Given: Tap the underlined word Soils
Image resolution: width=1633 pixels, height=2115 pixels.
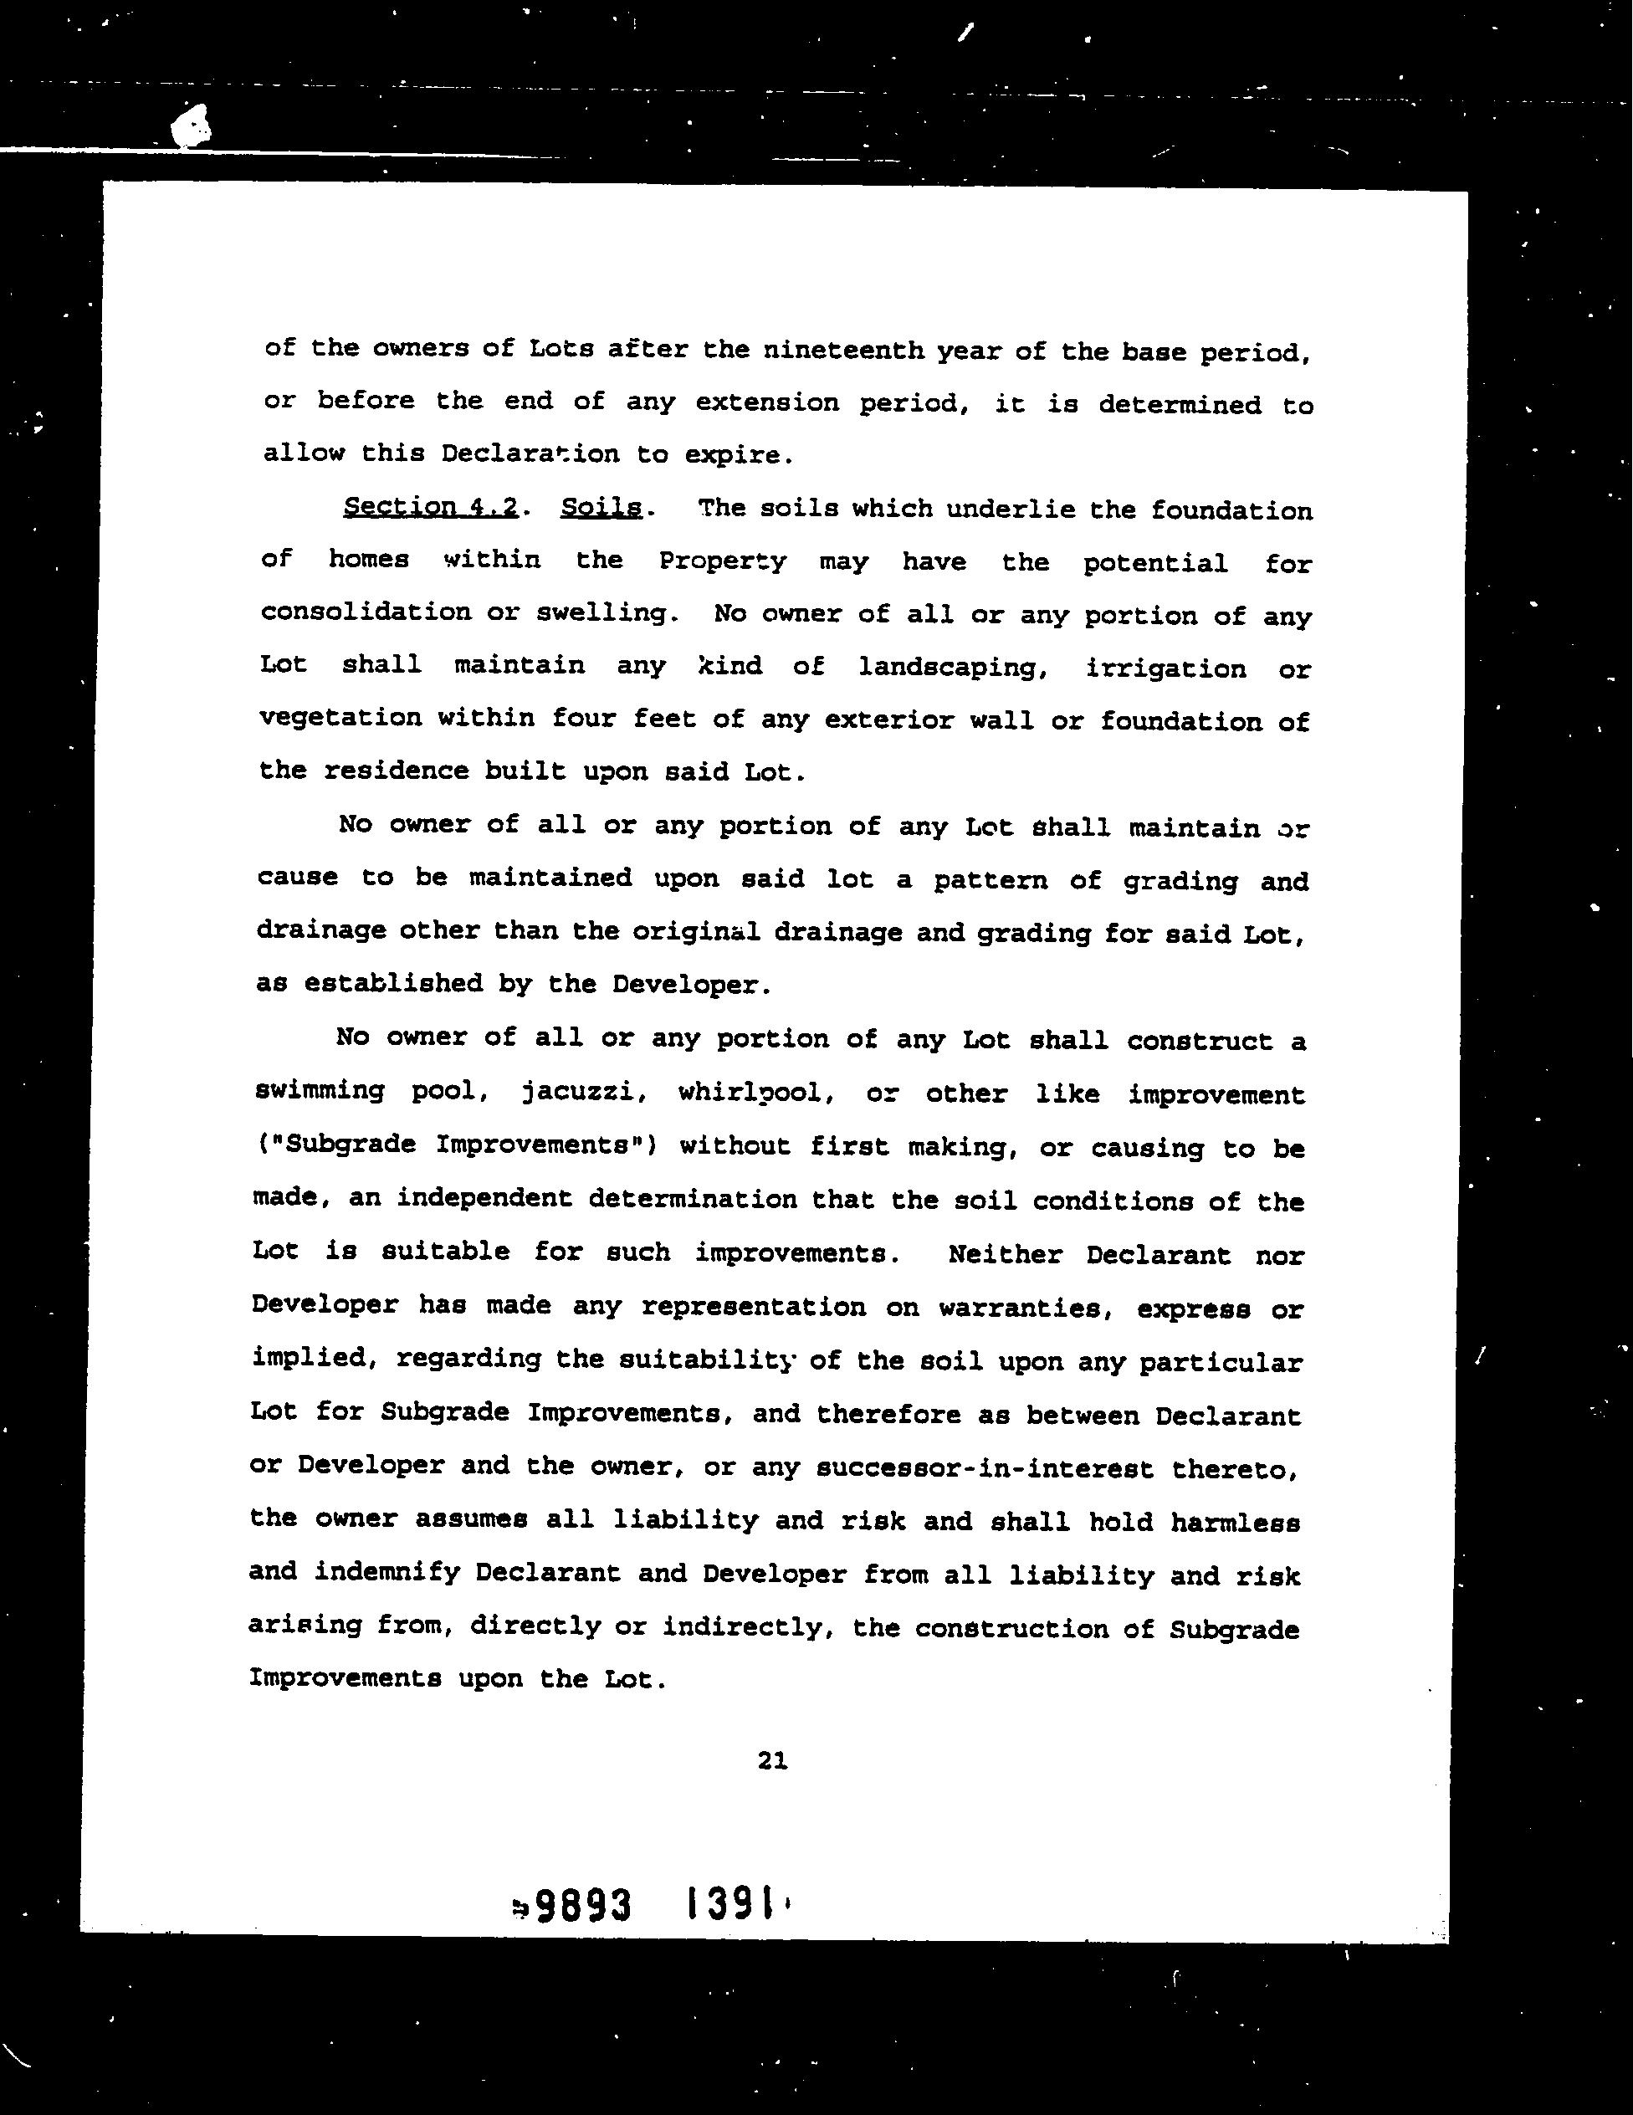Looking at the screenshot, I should point(601,508).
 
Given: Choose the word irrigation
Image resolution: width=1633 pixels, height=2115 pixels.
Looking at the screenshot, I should point(1166,669).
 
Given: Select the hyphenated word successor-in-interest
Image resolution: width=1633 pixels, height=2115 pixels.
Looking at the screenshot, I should point(985,1469).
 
